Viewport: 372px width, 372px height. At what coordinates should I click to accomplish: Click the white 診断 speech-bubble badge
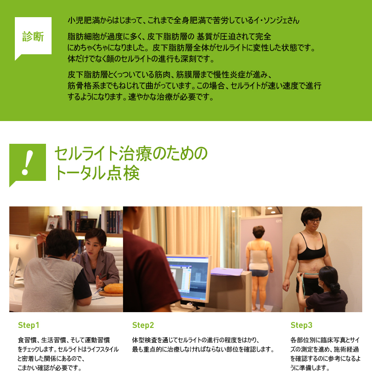click(33, 36)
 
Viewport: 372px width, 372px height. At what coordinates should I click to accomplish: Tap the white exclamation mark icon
click(27, 163)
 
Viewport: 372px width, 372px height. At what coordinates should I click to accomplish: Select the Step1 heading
click(28, 325)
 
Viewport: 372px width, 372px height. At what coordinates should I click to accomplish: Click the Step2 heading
click(143, 325)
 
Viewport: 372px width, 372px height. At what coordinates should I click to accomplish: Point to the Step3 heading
click(301, 325)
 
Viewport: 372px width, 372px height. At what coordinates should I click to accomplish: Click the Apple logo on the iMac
click(17, 246)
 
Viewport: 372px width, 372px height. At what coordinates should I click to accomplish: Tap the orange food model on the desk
click(113, 288)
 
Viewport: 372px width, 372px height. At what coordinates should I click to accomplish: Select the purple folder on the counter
click(226, 271)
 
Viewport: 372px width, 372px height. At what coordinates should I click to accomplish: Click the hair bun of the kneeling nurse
click(334, 288)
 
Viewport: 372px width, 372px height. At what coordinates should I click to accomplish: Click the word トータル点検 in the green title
click(97, 173)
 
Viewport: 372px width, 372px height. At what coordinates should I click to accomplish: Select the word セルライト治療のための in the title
click(131, 153)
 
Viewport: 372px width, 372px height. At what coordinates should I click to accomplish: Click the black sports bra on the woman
click(311, 249)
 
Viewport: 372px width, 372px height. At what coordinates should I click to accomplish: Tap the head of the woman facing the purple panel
click(259, 232)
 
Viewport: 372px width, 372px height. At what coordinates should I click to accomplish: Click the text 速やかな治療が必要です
click(170, 97)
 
